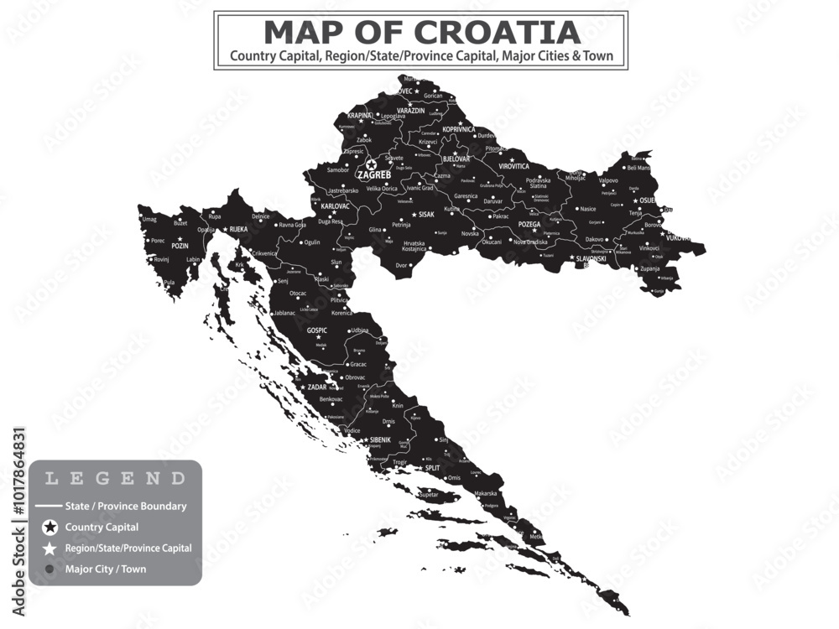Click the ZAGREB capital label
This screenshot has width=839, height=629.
coord(374,176)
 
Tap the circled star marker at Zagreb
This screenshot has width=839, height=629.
coord(371,165)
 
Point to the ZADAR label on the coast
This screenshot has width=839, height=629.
coord(317,387)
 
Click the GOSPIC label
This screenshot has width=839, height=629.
coord(317,330)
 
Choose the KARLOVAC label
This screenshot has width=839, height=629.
coord(336,205)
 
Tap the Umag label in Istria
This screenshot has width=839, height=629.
coord(149,220)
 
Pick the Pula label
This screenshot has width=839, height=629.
coord(170,283)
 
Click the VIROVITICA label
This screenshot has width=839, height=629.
coord(514,166)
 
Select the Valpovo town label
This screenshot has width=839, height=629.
coord(608,180)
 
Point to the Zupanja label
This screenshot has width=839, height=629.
coord(649,269)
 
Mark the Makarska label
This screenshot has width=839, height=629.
coord(485,494)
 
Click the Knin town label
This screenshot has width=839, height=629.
coord(398,406)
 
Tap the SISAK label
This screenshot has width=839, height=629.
coord(426,215)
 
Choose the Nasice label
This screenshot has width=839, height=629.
coord(588,209)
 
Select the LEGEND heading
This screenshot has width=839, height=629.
coord(115,480)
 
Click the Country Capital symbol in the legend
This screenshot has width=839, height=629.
coord(50,528)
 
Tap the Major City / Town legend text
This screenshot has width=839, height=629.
coord(106,569)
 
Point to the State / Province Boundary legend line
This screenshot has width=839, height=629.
coord(50,507)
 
